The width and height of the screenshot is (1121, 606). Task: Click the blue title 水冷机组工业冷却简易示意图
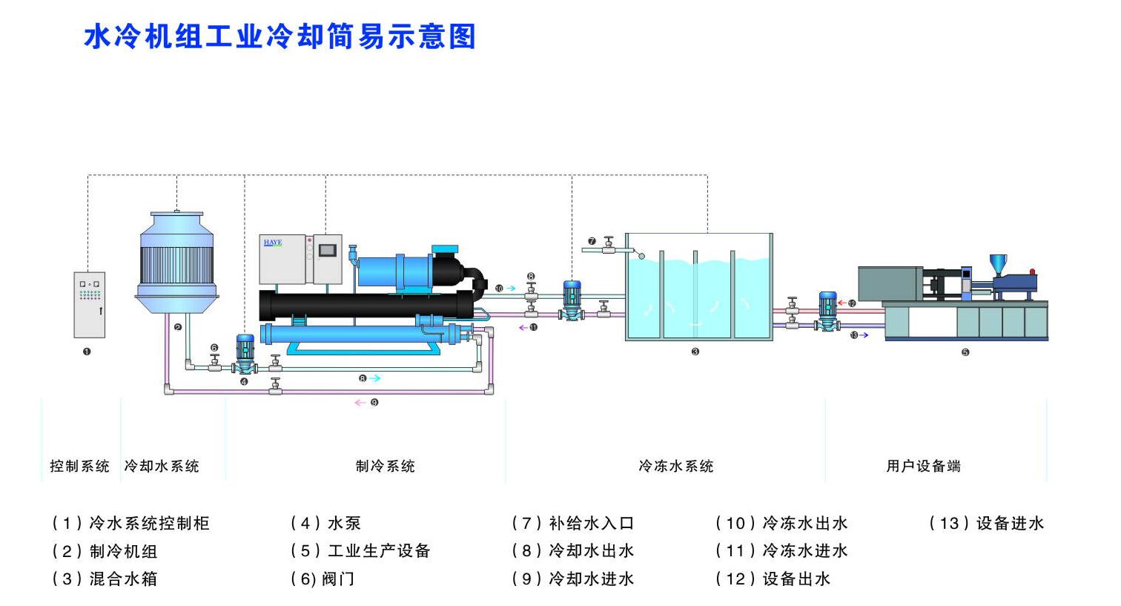280,37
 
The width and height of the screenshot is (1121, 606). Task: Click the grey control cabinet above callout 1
90,305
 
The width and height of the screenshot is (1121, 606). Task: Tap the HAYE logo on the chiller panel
273,243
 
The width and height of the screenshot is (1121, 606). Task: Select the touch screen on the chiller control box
327,251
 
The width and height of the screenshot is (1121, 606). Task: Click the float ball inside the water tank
641,257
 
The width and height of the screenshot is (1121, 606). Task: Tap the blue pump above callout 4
245,354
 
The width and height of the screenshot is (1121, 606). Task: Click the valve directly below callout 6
215,363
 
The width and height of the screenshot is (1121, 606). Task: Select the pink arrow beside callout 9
360,403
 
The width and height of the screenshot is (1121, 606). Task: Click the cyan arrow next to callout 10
510,288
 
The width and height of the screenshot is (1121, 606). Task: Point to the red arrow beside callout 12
842,303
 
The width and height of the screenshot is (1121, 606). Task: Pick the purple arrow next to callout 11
523,328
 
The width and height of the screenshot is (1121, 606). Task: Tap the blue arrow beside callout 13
863,335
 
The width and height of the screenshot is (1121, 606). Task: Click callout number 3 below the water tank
695,352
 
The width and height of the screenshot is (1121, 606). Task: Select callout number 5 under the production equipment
965,352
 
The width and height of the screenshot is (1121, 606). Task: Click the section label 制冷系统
386,467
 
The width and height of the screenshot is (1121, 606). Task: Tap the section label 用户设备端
923,467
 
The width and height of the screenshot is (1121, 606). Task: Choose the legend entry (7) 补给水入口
573,524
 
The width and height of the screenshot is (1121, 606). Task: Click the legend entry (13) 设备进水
986,524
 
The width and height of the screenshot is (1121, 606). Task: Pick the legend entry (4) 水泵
325,524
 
